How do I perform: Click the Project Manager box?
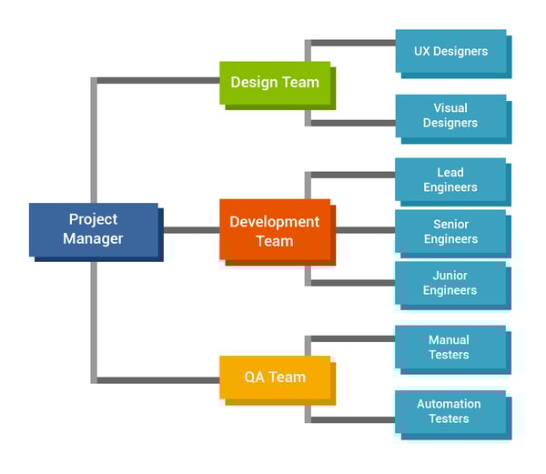pos(94,229)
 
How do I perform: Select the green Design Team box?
pos(275,83)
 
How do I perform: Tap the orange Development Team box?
pos(275,231)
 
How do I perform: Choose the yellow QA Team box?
pos(275,378)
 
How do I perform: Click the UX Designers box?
pos(450,52)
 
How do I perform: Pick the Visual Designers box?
pos(450,116)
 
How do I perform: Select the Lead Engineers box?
pos(450,180)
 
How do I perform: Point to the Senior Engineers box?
pos(450,232)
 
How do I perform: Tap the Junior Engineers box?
pos(450,283)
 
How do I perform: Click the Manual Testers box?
pos(450,348)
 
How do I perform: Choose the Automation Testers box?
pos(450,411)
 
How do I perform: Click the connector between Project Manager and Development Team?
pos(190,230)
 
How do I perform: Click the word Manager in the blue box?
pos(94,239)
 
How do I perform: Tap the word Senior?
pos(450,224)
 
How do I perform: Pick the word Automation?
pos(449,404)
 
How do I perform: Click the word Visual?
pos(450,108)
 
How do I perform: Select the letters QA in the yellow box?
pos(255,378)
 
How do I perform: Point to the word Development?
pos(275,222)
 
